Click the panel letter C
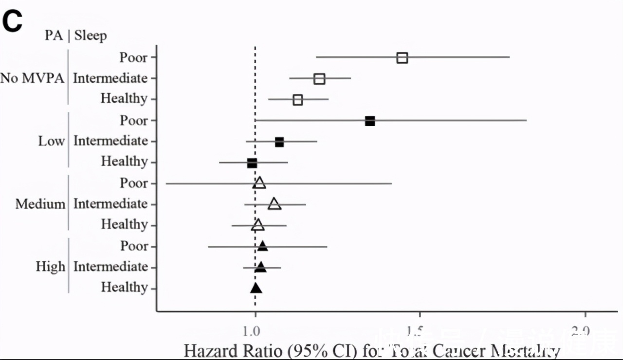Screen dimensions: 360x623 click(13, 21)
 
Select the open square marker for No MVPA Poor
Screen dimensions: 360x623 click(402, 58)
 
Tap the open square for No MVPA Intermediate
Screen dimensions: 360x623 click(319, 79)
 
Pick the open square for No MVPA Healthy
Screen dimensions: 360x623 click(298, 100)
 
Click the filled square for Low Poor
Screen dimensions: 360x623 click(370, 121)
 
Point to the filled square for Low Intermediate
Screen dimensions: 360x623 click(279, 142)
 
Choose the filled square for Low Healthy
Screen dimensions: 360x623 click(252, 163)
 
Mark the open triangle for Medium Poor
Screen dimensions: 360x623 click(259, 183)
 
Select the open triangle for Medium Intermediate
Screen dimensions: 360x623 click(275, 204)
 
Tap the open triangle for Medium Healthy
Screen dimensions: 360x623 click(258, 225)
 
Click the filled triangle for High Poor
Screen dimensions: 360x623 click(262, 246)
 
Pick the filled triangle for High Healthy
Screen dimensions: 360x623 click(256, 288)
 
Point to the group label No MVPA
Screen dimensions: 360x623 click(33, 78)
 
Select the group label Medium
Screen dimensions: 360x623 click(40, 204)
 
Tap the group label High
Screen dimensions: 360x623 click(50, 267)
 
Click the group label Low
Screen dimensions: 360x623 click(51, 141)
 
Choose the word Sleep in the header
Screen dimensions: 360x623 click(91, 36)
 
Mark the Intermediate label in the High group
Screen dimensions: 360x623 click(110, 267)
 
